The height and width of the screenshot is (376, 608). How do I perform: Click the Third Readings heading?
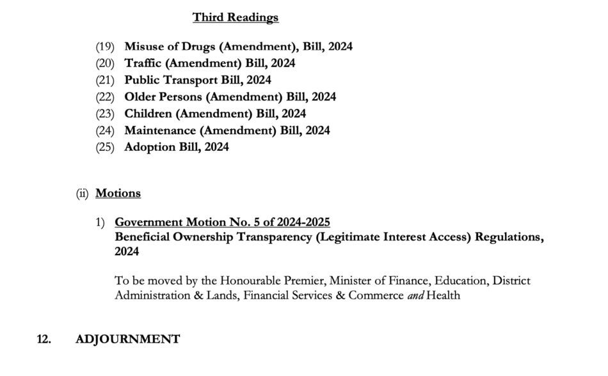(x=236, y=17)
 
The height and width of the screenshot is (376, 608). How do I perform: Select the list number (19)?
(x=105, y=47)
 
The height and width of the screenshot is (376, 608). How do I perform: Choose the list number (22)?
(x=105, y=97)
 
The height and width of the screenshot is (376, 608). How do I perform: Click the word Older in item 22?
(x=141, y=97)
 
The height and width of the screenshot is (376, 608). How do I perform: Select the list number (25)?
(x=105, y=147)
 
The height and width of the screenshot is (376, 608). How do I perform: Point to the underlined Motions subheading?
(x=118, y=193)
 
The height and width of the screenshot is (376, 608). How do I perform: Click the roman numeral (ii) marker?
(x=82, y=193)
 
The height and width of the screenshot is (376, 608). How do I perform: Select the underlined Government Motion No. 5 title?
(x=222, y=223)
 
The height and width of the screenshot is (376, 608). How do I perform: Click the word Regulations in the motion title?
(x=503, y=237)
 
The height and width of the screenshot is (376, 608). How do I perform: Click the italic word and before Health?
(x=415, y=295)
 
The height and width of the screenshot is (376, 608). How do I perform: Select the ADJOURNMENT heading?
(x=127, y=340)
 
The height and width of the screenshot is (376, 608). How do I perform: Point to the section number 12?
(x=44, y=340)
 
